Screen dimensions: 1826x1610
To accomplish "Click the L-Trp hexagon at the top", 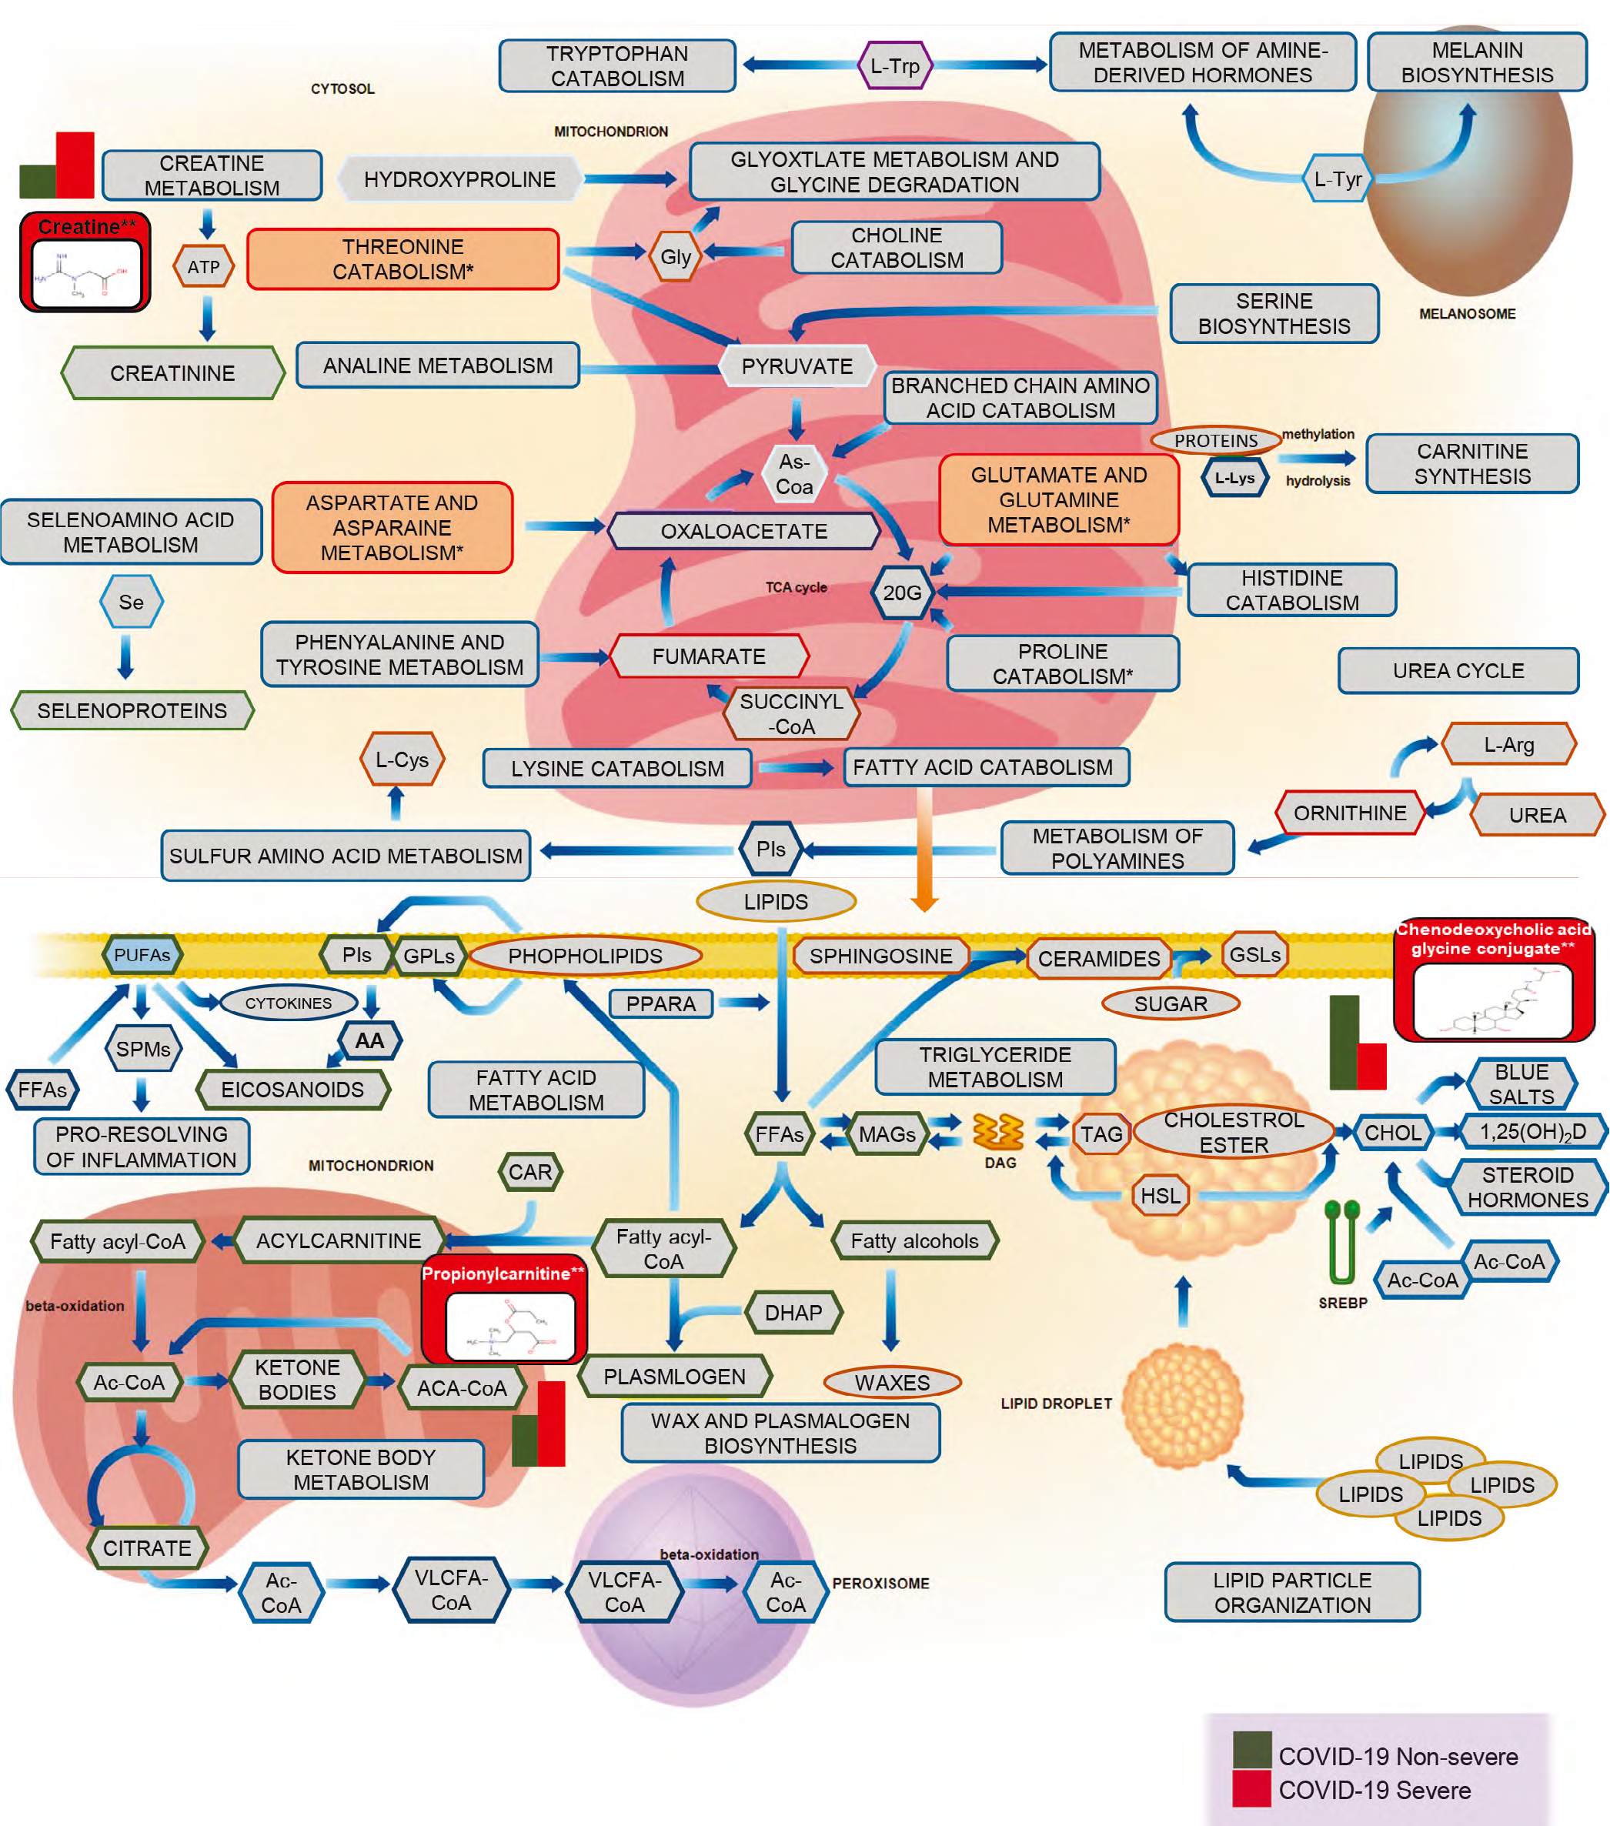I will pyautogui.click(x=895, y=65).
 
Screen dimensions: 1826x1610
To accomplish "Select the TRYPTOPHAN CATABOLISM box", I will pyautogui.click(x=617, y=66).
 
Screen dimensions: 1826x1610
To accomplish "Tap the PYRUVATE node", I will pyautogui.click(x=797, y=366).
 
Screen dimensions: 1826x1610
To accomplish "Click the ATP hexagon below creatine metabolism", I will pyautogui.click(x=204, y=267).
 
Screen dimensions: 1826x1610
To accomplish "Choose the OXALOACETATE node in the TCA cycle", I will pyautogui.click(x=743, y=532).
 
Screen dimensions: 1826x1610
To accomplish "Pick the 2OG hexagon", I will pyautogui.click(x=903, y=593).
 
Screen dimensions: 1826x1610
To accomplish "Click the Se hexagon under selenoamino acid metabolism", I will pyautogui.click(x=132, y=602).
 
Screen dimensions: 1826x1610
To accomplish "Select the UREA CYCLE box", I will pyautogui.click(x=1458, y=671).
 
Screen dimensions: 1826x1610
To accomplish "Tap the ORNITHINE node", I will pyautogui.click(x=1349, y=813).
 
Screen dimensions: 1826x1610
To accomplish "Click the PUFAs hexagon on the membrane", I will pyautogui.click(x=142, y=955).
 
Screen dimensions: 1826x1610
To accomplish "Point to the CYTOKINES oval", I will pyautogui.click(x=289, y=1003).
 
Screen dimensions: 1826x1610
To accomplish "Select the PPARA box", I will pyautogui.click(x=661, y=1004).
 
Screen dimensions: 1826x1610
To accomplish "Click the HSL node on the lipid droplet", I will pyautogui.click(x=1161, y=1195).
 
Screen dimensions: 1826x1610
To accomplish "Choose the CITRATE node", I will pyautogui.click(x=148, y=1548).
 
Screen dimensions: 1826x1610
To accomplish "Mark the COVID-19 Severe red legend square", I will pyautogui.click(x=1251, y=1789).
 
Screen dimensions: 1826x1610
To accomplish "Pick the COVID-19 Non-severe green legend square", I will pyautogui.click(x=1251, y=1750).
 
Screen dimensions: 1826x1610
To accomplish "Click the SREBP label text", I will pyautogui.click(x=1343, y=1304).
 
